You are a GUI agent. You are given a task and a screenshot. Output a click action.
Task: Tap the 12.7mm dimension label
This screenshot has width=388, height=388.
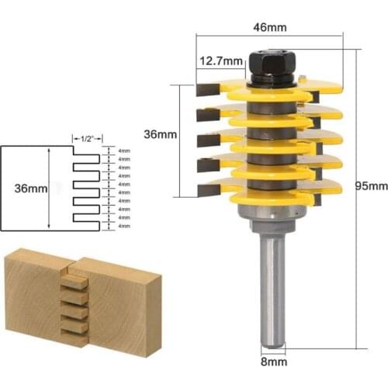[x=217, y=60]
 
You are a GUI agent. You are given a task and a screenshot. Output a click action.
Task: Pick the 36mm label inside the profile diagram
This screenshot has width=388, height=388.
[x=29, y=189]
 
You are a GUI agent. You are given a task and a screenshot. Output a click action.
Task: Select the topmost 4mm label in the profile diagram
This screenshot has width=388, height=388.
[x=124, y=151]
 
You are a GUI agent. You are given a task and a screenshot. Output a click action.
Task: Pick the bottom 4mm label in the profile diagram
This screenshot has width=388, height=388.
[x=124, y=226]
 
